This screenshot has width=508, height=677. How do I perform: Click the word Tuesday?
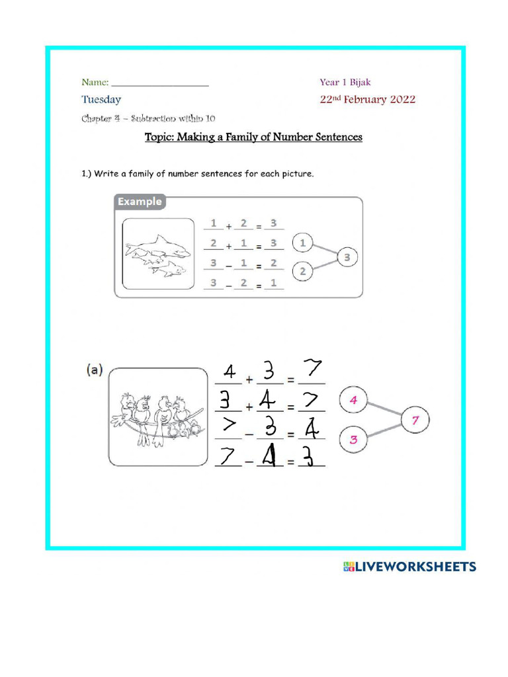click(x=101, y=100)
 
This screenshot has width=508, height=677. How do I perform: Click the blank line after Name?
click(x=160, y=85)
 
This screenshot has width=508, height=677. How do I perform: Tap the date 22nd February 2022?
click(x=367, y=100)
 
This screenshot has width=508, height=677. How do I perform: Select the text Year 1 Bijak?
click(x=345, y=83)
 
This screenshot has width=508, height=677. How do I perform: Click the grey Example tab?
click(x=139, y=202)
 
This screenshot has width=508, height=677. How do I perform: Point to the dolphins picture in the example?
click(x=156, y=255)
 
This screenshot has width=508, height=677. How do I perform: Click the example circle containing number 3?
click(x=347, y=257)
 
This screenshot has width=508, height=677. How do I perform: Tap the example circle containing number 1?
click(x=302, y=243)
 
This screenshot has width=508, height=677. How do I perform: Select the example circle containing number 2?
click(x=302, y=271)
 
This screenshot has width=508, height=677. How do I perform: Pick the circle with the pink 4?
click(x=353, y=401)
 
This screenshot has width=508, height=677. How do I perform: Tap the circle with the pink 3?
click(x=353, y=440)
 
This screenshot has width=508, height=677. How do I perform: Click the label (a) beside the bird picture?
click(x=93, y=371)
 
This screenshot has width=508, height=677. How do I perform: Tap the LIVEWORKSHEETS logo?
click(x=409, y=567)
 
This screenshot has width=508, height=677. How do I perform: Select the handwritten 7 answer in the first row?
click(x=312, y=370)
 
